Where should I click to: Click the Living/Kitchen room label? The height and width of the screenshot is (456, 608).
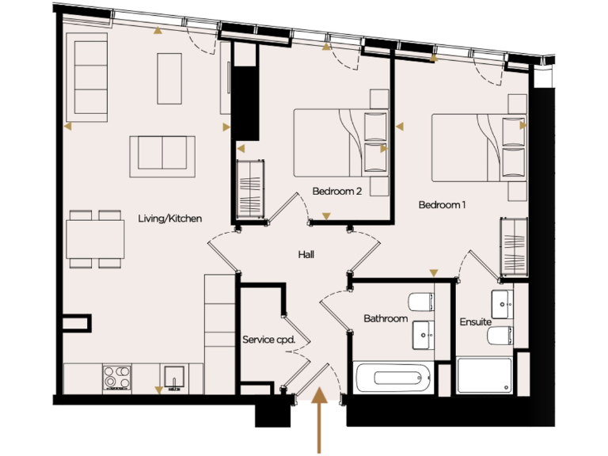pos(169,218)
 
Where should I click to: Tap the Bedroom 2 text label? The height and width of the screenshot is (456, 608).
pos(336,191)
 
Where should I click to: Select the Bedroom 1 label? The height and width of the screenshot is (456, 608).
pos(442,205)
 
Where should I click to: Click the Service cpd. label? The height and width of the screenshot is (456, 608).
pos(268,340)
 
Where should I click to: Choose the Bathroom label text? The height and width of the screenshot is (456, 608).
pos(386,319)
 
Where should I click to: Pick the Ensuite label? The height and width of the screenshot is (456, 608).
pos(475,322)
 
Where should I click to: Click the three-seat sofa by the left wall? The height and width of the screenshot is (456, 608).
pos(91,78)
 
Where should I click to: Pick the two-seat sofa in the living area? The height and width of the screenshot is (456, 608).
pos(162,152)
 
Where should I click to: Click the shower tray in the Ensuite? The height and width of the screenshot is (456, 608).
pos(484,376)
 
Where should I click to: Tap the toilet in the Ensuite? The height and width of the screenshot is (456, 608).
pos(498,337)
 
